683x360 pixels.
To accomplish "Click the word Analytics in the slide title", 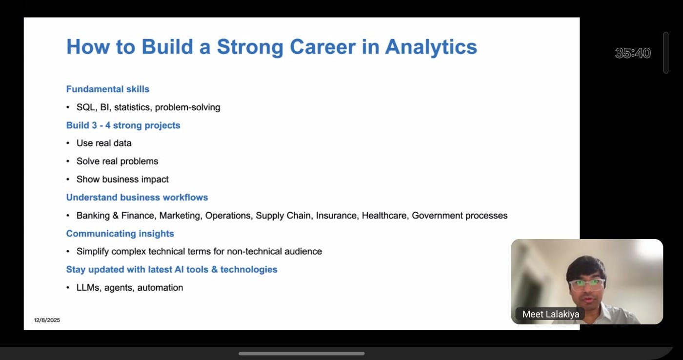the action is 431,47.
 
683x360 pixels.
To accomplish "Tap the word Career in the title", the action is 322,47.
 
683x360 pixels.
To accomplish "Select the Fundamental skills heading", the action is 108,89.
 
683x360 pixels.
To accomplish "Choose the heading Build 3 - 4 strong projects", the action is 123,125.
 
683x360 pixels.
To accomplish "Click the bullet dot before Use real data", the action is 68,143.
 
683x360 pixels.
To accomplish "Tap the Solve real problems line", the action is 118,161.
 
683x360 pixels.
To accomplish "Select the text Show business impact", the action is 122,179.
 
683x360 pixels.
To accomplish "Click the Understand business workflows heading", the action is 137,197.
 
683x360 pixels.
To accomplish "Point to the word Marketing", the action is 180,216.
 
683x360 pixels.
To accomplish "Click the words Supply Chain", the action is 284,216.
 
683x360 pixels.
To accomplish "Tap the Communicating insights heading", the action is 120,234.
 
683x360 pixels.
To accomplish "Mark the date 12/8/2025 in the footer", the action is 47,320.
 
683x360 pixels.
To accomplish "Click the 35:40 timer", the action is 633,53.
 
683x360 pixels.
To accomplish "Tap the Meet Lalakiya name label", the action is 551,314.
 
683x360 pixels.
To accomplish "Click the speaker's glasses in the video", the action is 586,284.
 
